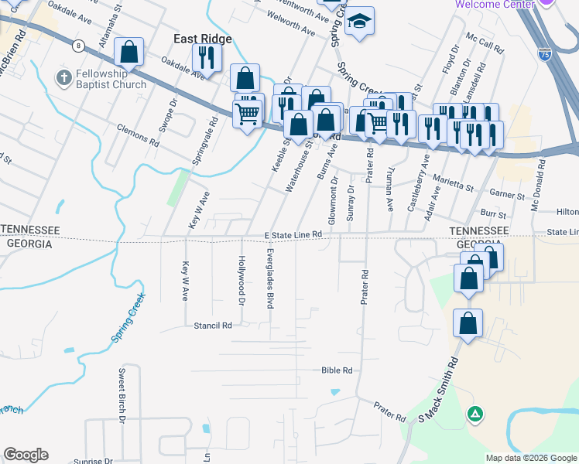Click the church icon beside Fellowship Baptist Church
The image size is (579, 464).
63,78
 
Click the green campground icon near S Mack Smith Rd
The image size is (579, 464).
475,415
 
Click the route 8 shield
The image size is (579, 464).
78,46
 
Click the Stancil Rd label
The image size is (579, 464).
214,326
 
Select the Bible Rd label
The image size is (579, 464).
337,370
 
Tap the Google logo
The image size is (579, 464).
26,455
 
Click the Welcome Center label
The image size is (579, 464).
495,4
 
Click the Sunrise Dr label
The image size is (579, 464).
93,461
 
